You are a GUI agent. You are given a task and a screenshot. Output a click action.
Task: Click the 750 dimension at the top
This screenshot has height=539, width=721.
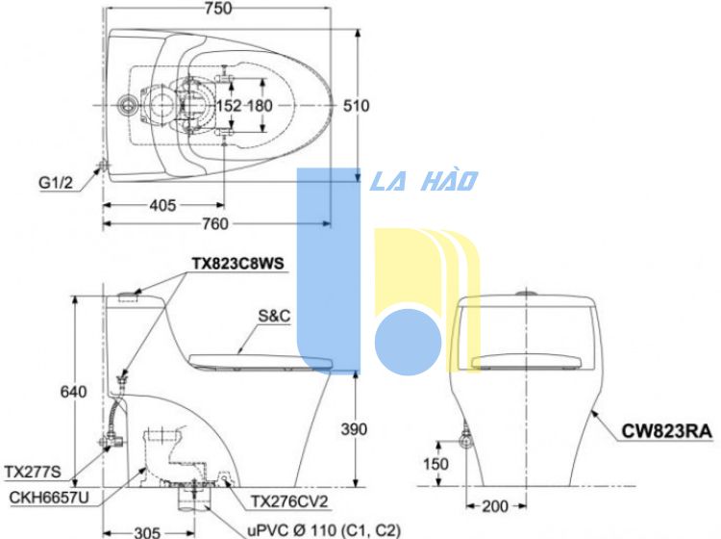218,8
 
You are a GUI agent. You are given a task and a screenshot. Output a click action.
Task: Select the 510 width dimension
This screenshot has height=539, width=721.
357,106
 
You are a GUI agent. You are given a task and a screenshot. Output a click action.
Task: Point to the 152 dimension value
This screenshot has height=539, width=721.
229,106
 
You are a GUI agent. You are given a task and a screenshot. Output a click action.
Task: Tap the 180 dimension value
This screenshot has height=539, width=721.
261,106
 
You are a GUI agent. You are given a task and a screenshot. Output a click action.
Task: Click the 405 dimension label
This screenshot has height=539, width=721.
162,205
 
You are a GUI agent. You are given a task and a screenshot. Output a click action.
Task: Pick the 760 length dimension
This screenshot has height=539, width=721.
215,224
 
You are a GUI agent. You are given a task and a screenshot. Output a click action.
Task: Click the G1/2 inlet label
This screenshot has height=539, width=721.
56,183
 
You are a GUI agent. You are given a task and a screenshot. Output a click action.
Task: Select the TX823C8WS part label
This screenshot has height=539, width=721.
238,264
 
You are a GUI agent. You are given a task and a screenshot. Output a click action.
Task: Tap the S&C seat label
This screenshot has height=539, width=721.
274,316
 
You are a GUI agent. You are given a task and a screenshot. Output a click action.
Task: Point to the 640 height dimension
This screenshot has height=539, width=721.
74,392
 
